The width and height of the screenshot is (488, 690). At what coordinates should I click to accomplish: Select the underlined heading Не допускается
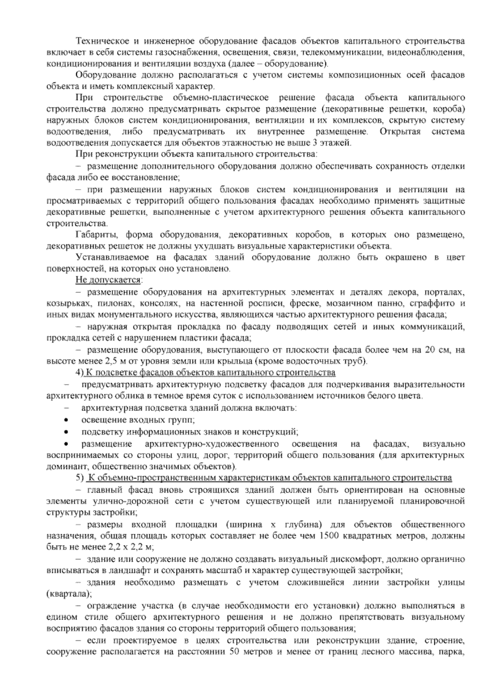108,280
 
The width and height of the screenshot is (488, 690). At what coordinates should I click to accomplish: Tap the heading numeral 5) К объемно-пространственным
80,478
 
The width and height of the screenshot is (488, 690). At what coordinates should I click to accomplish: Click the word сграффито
435,304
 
